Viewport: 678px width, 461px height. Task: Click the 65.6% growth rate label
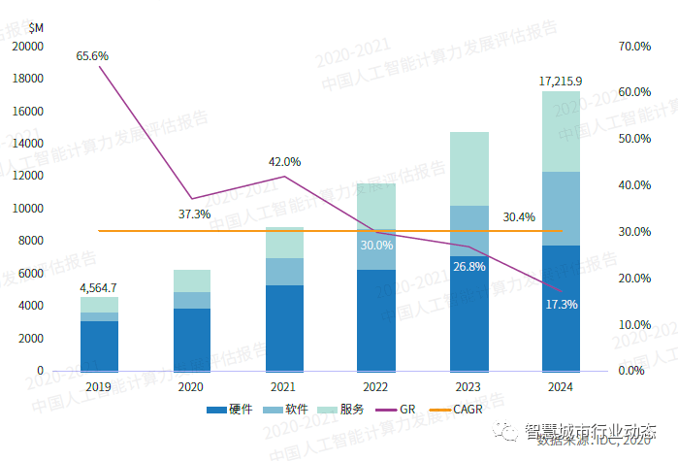click(92, 56)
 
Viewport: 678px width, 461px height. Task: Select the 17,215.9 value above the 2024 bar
click(561, 82)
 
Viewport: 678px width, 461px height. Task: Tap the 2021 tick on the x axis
click(283, 386)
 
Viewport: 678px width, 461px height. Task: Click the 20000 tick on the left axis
click(27, 46)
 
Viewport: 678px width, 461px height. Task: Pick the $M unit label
click(36, 25)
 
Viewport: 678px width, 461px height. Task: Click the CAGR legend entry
click(468, 411)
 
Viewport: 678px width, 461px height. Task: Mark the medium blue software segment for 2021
click(284, 272)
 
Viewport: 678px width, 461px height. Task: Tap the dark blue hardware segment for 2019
click(99, 346)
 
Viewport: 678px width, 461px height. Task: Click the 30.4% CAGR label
click(518, 217)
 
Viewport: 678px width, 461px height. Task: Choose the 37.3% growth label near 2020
click(194, 214)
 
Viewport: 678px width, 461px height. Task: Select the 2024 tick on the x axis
click(561, 386)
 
